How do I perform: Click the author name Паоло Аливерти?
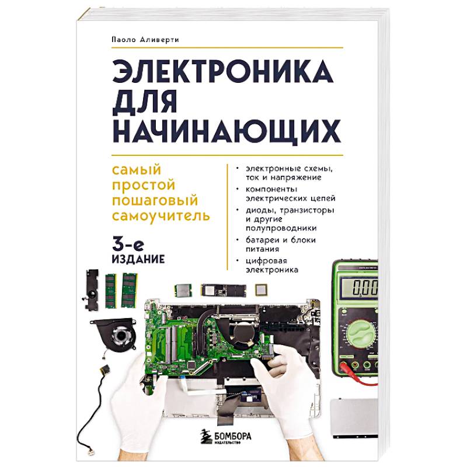click(x=145, y=40)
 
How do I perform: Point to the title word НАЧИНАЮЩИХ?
click(x=226, y=131)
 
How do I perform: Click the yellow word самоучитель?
click(x=161, y=215)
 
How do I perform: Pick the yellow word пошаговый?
click(x=155, y=200)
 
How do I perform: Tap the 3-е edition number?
click(x=128, y=245)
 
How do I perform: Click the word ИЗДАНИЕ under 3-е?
click(x=138, y=259)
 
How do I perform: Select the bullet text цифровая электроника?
click(x=272, y=266)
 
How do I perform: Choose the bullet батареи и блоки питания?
click(x=281, y=244)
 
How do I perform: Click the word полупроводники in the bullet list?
click(x=281, y=228)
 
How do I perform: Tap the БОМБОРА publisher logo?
click(x=225, y=437)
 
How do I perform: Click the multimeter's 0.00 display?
click(x=360, y=287)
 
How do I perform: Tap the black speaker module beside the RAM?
click(x=92, y=290)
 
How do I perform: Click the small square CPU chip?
click(x=262, y=290)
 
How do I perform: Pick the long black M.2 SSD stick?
click(x=224, y=291)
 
